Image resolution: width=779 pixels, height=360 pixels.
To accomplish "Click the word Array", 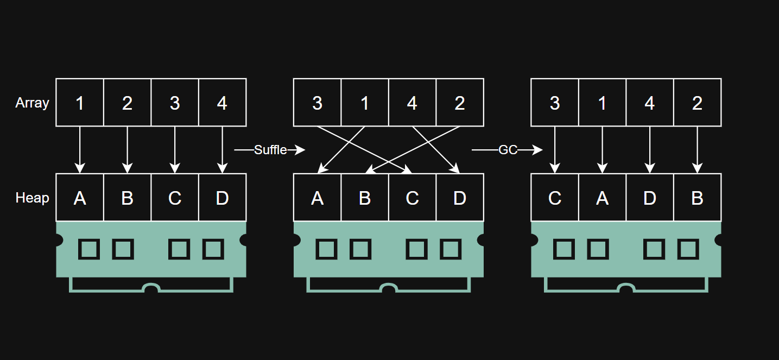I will click(32, 103).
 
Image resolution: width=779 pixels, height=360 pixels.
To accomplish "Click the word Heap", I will click(32, 198).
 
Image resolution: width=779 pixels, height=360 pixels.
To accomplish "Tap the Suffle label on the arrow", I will click(270, 150).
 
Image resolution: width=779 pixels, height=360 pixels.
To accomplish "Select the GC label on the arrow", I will click(508, 150).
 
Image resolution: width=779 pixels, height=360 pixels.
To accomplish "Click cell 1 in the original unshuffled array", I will click(80, 103).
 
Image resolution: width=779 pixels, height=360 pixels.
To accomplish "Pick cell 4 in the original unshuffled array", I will click(222, 103).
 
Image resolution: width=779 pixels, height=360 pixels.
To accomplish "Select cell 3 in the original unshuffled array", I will click(175, 103).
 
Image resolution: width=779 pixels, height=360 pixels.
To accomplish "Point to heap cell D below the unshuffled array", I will click(222, 198).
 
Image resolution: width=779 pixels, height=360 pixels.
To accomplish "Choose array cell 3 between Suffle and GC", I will click(317, 103).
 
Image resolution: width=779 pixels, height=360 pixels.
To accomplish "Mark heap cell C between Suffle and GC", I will click(412, 198).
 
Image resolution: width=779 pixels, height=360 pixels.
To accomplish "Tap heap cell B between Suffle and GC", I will click(365, 198).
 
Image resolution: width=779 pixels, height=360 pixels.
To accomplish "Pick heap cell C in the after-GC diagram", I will click(554, 198).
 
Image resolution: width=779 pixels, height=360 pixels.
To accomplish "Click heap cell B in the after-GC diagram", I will click(697, 198).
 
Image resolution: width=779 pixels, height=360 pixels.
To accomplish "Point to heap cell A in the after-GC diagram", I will click(602, 198).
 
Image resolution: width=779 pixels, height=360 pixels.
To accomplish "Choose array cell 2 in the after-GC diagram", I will click(697, 103).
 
